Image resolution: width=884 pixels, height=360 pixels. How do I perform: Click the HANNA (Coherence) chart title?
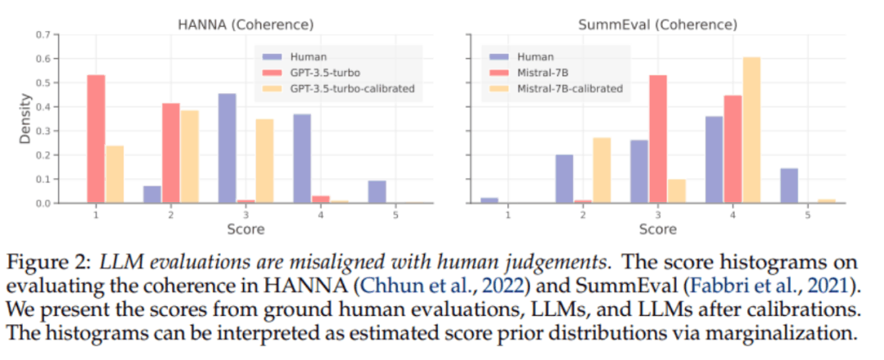pyautogui.click(x=245, y=25)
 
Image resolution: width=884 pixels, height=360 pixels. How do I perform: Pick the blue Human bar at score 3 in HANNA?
pyautogui.click(x=227, y=147)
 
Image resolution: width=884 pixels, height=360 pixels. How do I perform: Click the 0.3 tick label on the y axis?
pyautogui.click(x=43, y=131)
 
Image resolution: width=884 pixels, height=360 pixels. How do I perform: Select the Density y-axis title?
pyautogui.click(x=25, y=119)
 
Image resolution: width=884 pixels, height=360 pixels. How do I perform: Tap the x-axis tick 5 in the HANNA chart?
pyautogui.click(x=395, y=214)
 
